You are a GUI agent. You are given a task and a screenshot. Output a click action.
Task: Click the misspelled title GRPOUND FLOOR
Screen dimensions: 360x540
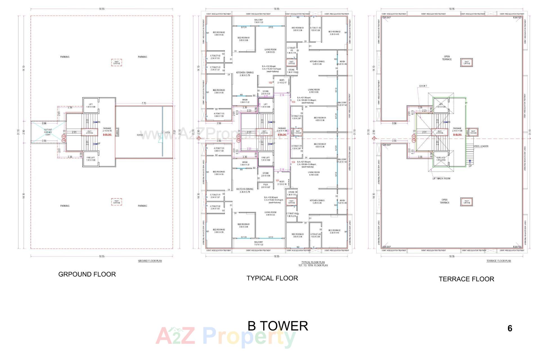87,274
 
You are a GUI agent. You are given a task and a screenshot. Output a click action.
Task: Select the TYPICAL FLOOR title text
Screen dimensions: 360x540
272,278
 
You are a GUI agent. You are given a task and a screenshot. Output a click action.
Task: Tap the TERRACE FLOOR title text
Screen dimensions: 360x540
466,279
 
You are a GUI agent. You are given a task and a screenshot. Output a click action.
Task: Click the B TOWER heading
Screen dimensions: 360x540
278,326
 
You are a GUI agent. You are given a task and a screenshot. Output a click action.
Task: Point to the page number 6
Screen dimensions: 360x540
510,328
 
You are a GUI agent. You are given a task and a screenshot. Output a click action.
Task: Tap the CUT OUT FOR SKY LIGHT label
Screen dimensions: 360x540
48,132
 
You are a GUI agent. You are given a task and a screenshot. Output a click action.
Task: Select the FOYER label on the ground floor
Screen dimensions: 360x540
140,135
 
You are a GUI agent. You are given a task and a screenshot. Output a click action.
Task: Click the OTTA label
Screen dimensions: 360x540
168,132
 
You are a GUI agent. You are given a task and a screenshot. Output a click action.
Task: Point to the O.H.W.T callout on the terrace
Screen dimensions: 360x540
423,86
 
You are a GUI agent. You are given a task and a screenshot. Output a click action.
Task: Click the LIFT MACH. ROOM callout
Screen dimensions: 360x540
441,178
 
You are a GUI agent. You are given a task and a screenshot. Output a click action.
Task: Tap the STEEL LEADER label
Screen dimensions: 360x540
481,146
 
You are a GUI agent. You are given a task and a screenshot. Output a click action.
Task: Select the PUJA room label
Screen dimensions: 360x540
265,184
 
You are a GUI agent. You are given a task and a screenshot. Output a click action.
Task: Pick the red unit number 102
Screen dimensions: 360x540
271,83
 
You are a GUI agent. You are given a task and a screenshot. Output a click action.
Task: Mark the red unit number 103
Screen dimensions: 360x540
293,102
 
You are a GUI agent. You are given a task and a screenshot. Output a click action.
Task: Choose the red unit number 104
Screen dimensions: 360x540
293,162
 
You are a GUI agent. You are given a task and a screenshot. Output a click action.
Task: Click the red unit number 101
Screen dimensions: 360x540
277,181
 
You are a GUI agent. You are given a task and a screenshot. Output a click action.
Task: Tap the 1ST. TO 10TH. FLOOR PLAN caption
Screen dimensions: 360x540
313,265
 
